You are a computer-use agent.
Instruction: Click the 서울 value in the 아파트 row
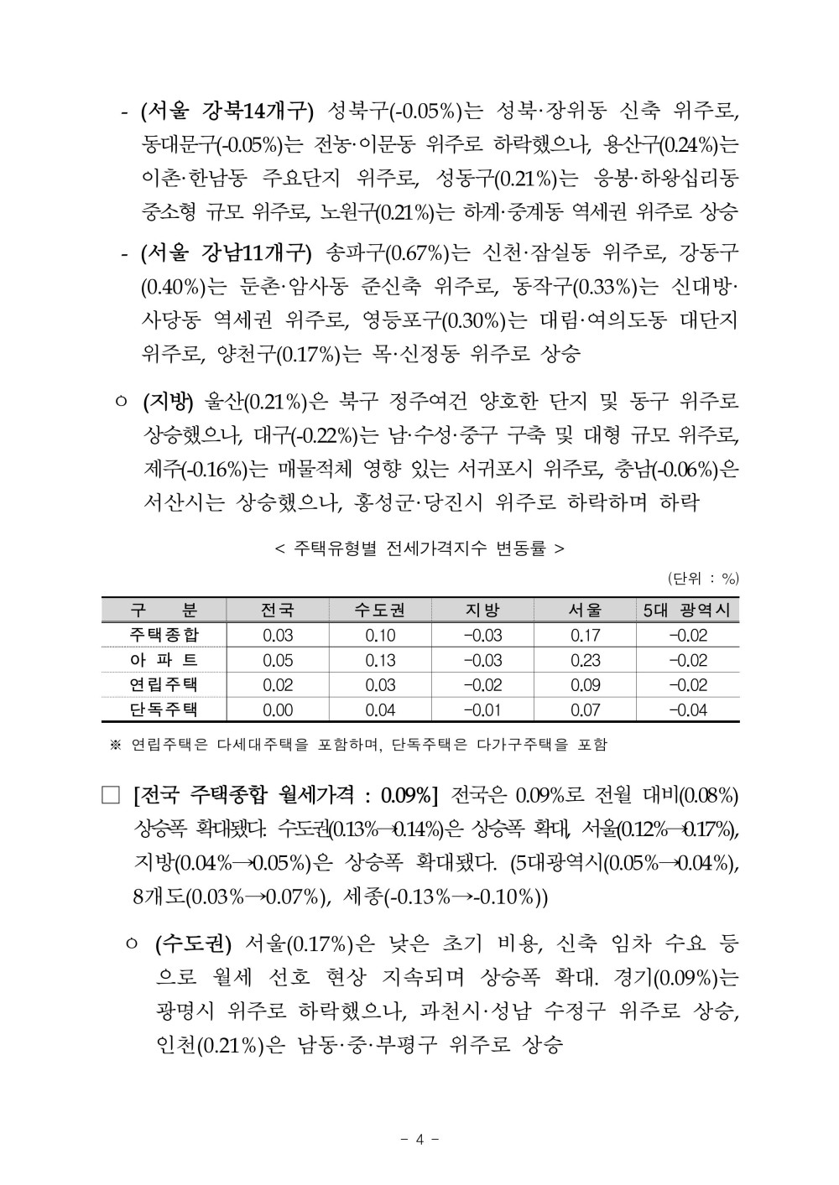click(x=585, y=660)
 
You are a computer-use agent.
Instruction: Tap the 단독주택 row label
click(x=164, y=709)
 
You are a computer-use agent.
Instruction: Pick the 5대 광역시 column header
click(x=687, y=610)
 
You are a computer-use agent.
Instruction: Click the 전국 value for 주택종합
click(x=278, y=636)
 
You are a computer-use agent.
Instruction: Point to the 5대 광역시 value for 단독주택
click(x=687, y=710)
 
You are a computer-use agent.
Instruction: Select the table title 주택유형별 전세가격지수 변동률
click(x=419, y=548)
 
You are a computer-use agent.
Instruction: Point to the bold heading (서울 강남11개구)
click(x=227, y=252)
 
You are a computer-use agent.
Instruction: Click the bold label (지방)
click(x=168, y=402)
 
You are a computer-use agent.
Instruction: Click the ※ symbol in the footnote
click(x=116, y=744)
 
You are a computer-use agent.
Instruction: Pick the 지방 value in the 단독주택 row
click(x=482, y=710)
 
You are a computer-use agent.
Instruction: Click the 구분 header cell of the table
click(x=164, y=610)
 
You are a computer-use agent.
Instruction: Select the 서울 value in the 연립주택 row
click(x=585, y=685)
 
